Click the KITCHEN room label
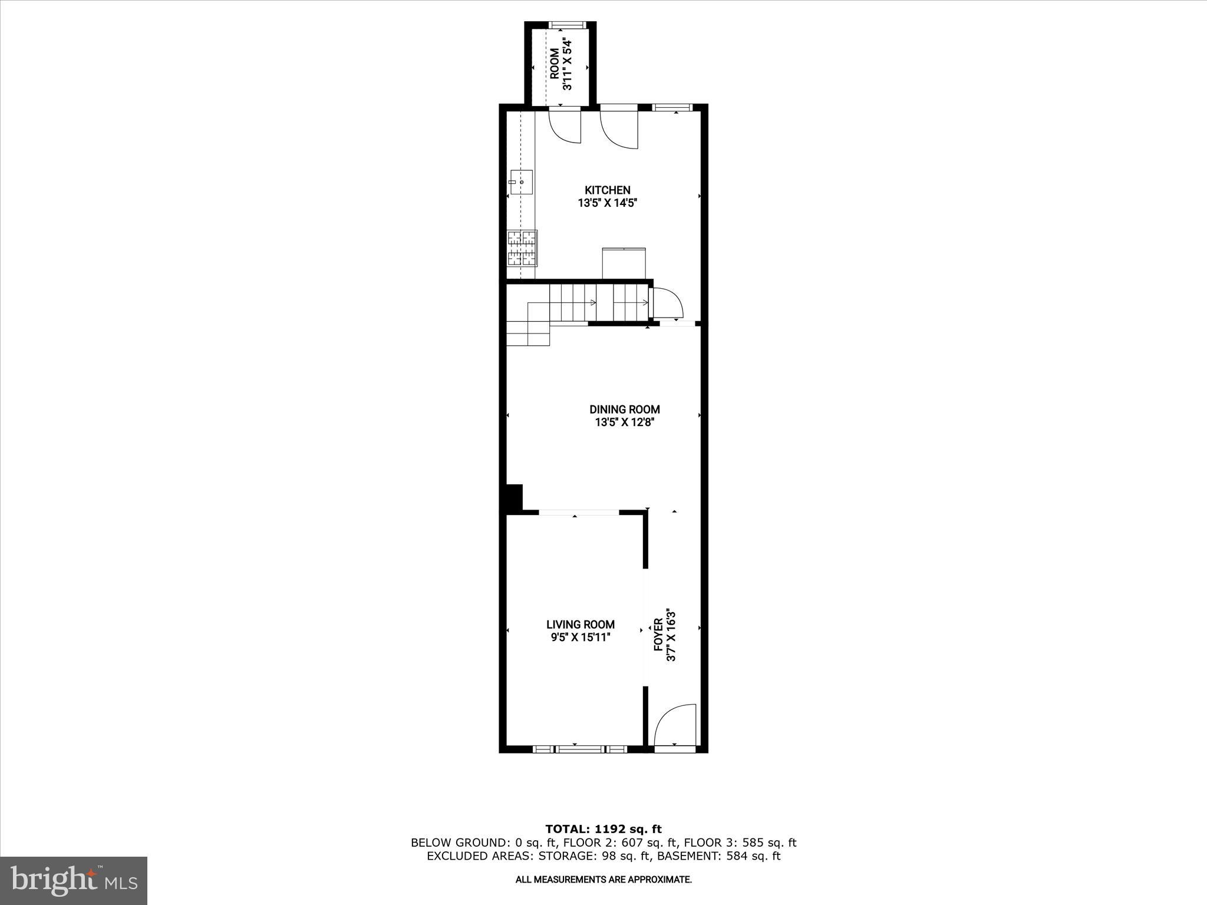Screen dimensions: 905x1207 (607, 190)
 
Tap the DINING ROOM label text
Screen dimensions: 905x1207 (625, 409)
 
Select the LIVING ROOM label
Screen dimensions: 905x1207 (580, 625)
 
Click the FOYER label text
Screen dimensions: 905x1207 (659, 635)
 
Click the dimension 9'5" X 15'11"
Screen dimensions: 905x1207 (580, 638)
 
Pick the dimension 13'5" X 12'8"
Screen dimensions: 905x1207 (625, 422)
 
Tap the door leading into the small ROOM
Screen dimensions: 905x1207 (565, 126)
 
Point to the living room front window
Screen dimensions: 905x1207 (581, 749)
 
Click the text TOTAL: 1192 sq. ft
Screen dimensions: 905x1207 (603, 830)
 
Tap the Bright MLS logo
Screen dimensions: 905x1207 (74, 880)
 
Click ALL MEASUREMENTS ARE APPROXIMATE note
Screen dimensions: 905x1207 (603, 880)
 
